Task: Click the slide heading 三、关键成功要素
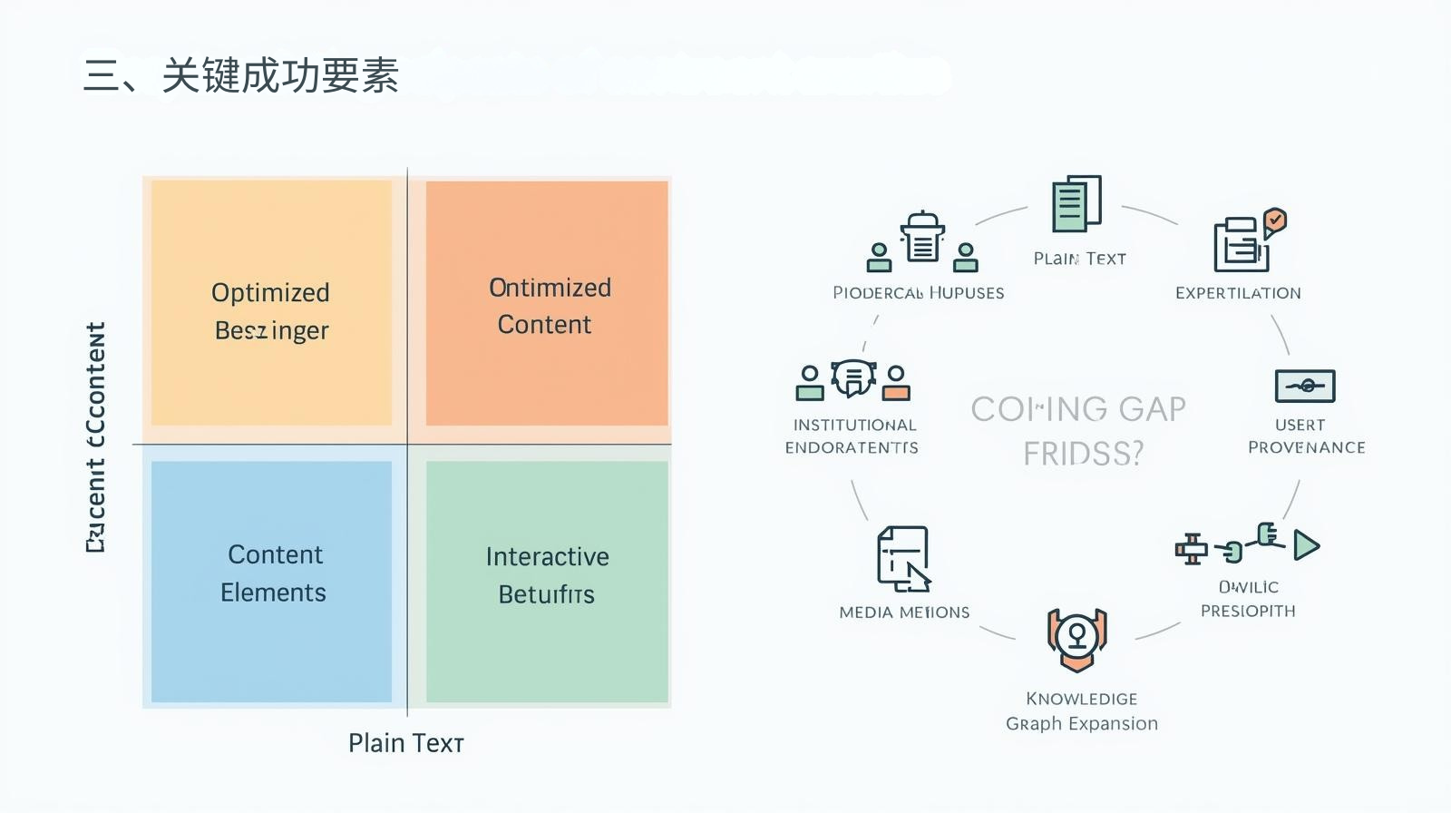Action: [x=241, y=75]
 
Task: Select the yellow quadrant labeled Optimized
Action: [x=271, y=302]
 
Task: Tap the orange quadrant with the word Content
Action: [x=547, y=303]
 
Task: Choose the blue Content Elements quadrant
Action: [x=271, y=581]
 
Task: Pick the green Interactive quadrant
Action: [x=547, y=581]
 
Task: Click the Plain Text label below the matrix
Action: [x=406, y=743]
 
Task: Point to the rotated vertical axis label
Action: [x=96, y=437]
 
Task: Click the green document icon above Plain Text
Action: [x=1076, y=203]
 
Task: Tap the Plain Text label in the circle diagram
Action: [x=1079, y=259]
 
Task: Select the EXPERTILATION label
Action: [x=1238, y=293]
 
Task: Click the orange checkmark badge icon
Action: [x=1275, y=220]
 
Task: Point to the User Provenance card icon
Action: [x=1304, y=386]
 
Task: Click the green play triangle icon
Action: [x=1306, y=544]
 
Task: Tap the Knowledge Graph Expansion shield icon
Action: [x=1076, y=639]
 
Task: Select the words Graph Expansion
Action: [x=1081, y=724]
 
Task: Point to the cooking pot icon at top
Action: [x=922, y=238]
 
